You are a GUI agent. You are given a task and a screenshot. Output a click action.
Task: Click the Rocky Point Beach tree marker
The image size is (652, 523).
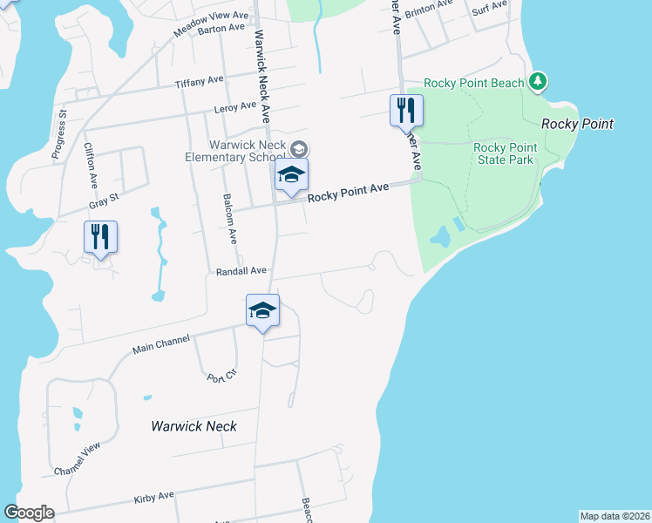539,82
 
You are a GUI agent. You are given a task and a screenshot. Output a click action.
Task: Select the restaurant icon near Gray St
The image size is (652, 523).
100,235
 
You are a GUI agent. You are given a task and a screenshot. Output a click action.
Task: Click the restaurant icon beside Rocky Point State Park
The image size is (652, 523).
406,110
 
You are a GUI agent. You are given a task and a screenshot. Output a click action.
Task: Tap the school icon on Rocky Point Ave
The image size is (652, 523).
292,174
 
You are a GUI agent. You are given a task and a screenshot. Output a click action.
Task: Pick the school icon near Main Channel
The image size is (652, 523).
261,312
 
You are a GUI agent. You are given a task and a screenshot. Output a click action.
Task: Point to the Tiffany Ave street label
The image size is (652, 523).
200,82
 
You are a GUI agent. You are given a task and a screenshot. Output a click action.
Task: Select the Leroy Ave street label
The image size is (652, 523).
235,107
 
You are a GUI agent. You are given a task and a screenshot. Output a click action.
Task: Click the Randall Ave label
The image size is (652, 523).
241,271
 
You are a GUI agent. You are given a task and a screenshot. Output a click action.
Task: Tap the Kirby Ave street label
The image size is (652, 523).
154,497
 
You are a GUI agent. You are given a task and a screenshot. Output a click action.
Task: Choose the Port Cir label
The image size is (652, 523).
222,378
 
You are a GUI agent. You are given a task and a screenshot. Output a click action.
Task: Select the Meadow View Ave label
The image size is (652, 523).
212,17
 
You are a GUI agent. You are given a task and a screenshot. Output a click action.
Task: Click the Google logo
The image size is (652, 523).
29,513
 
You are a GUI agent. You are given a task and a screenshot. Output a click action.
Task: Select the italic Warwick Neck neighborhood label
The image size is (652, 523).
194,426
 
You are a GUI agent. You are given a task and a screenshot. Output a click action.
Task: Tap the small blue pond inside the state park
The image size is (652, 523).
440,236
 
